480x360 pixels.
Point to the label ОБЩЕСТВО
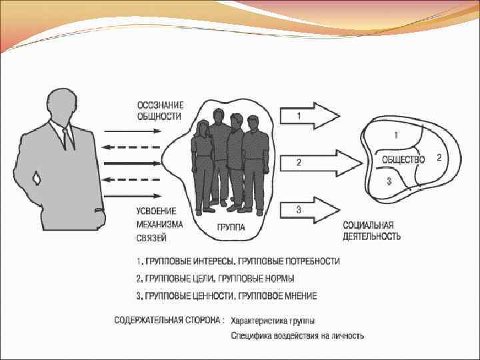coord(403,159)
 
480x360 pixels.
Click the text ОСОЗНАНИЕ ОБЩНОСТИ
coord(161,110)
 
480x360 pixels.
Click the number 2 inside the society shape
coord(439,158)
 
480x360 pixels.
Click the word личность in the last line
coord(345,336)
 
